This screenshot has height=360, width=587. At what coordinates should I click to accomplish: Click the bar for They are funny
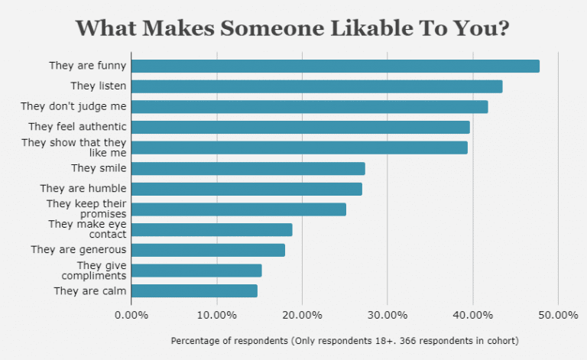click(x=336, y=66)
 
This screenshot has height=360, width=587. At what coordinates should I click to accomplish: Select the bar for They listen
click(x=317, y=86)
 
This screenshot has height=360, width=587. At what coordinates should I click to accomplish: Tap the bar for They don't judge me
click(x=310, y=107)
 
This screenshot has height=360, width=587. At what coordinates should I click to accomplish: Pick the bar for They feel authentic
click(x=300, y=127)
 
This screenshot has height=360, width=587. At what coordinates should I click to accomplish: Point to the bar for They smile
click(x=248, y=168)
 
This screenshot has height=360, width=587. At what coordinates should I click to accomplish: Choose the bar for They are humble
click(x=247, y=189)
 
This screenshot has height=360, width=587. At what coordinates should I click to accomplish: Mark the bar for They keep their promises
click(x=238, y=209)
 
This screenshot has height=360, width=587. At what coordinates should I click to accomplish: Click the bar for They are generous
click(x=208, y=250)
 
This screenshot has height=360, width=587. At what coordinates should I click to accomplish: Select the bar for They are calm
click(x=194, y=290)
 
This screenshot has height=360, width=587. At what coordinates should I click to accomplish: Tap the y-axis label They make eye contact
click(x=87, y=229)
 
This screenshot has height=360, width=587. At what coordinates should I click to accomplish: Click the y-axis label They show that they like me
click(x=74, y=148)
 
